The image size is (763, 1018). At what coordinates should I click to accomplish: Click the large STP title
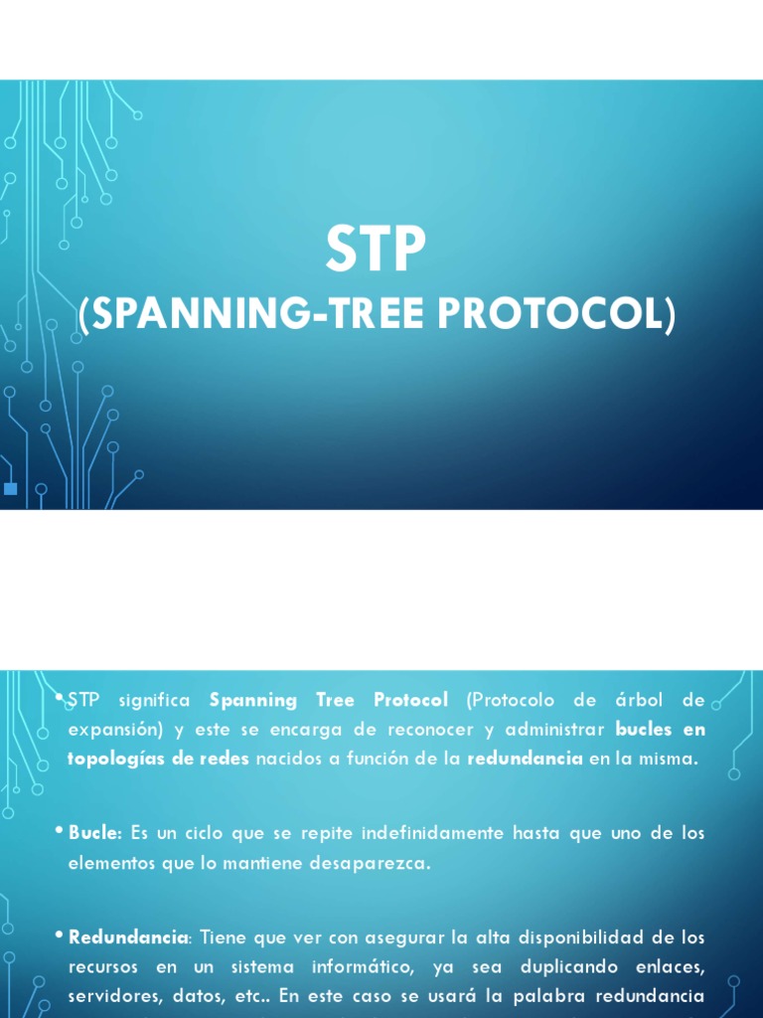(376, 249)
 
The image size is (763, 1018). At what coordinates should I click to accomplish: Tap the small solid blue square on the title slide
(10, 489)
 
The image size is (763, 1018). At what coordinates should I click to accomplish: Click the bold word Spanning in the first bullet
(253, 701)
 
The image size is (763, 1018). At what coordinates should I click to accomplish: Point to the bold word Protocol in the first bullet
(410, 700)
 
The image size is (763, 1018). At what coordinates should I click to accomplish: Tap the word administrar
(554, 729)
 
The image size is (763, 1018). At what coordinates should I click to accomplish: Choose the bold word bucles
(644, 729)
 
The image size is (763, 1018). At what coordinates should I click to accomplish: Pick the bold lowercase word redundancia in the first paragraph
(525, 759)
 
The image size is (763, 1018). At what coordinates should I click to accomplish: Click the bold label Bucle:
(95, 833)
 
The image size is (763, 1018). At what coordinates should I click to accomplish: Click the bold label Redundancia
(128, 937)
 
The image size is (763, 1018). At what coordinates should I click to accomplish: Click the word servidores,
(110, 996)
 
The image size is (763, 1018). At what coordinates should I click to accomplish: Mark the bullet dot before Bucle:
(59, 830)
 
